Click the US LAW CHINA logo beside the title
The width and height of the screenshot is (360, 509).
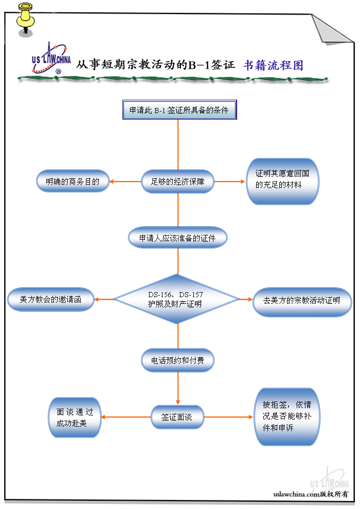(50, 58)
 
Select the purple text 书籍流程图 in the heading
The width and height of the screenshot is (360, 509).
(273, 65)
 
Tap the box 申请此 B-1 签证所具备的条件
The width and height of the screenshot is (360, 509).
(179, 111)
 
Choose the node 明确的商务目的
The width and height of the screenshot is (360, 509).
(73, 181)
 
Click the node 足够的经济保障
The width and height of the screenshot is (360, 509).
(177, 181)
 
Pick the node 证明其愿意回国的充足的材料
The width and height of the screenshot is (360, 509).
(282, 181)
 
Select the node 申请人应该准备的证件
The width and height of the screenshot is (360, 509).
(177, 238)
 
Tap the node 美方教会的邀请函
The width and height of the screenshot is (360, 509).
(50, 299)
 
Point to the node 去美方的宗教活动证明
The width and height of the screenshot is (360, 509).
(302, 300)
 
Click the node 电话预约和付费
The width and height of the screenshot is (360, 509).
(177, 360)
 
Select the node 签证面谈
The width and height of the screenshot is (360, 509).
(177, 417)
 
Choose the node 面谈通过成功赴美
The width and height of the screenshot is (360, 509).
(75, 417)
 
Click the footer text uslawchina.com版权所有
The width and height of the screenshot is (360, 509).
(311, 494)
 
